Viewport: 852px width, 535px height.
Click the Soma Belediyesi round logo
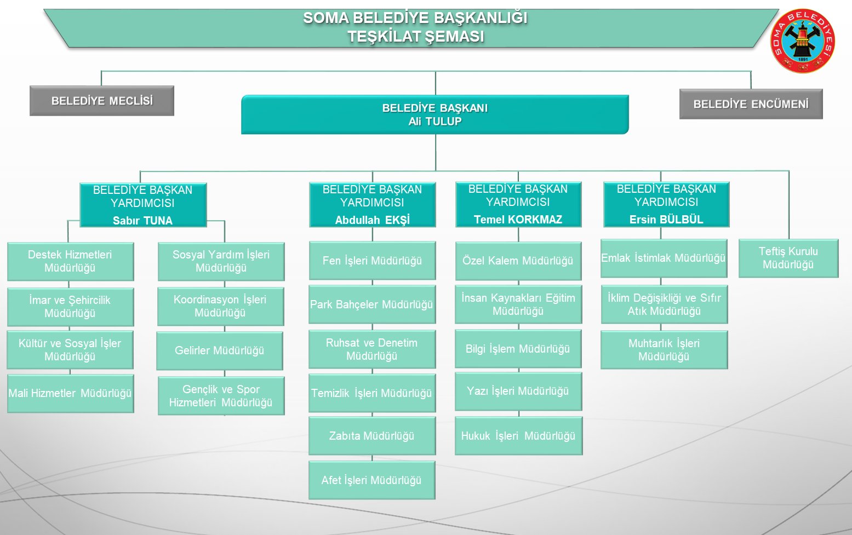click(x=802, y=41)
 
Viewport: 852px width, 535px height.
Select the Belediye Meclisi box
click(x=102, y=101)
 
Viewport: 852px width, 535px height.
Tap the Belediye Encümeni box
click(x=751, y=104)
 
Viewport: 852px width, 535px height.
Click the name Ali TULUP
click(x=435, y=122)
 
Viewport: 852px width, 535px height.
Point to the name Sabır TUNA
click(x=142, y=221)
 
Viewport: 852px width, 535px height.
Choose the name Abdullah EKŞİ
click(x=373, y=220)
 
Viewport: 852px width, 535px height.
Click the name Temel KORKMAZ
click(x=518, y=220)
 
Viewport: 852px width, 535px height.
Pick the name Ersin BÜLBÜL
click(x=666, y=220)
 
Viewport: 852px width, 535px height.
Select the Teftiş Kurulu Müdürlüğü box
click(x=788, y=258)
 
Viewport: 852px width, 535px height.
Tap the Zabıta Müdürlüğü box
click(x=371, y=436)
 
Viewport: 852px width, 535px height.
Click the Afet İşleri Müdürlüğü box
click(x=371, y=480)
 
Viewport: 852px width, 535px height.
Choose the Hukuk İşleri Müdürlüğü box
click(x=518, y=436)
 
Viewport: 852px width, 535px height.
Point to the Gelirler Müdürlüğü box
click(x=219, y=350)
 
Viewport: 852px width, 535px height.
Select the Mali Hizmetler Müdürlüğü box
click(x=70, y=393)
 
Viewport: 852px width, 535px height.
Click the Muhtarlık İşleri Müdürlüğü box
click(x=664, y=350)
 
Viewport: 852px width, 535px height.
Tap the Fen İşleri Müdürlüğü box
click(x=372, y=261)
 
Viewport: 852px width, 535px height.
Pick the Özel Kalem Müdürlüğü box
click(x=518, y=261)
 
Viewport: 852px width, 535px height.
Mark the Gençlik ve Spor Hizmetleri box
click(x=221, y=396)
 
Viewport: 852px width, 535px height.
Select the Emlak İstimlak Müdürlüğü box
click(x=663, y=258)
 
